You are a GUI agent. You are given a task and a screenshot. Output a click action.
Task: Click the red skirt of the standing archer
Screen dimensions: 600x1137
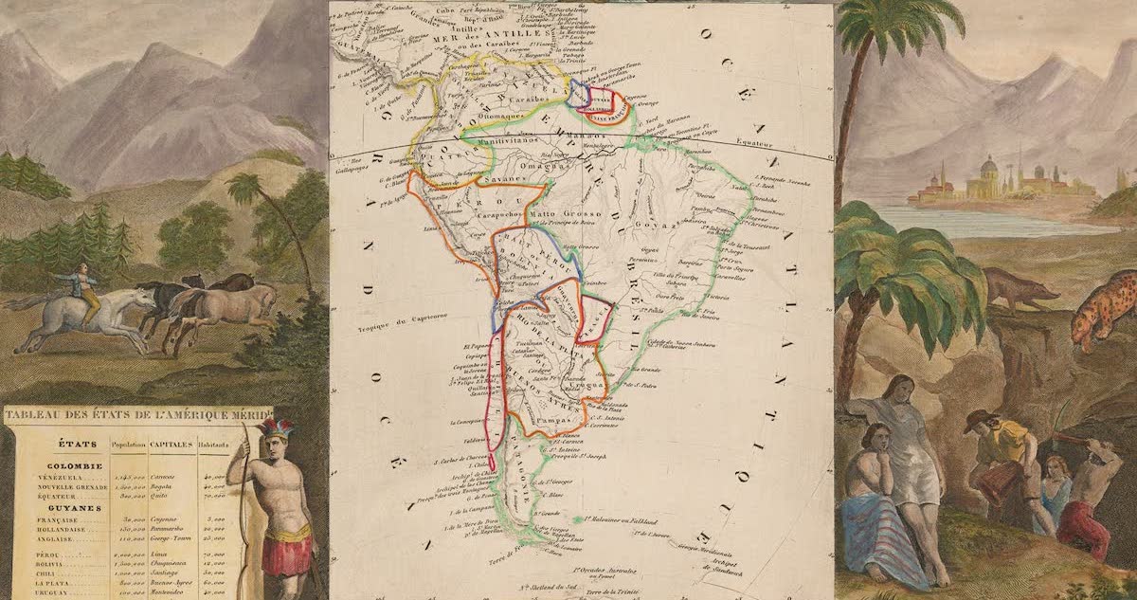285,554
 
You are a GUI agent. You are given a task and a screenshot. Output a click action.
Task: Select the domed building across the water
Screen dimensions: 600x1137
987,177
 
